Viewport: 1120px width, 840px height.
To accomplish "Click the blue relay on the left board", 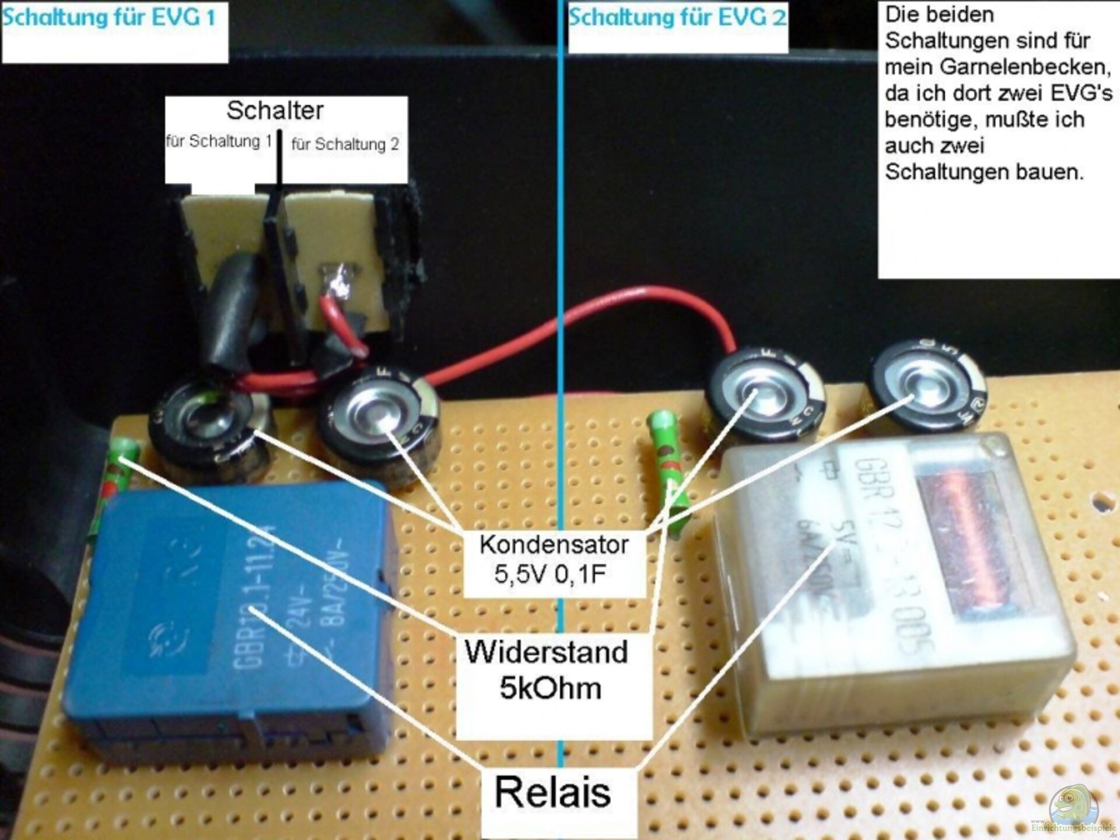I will (x=228, y=618).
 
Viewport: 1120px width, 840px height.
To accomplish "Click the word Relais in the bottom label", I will (x=552, y=792).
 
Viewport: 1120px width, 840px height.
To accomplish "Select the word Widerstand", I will (x=546, y=652).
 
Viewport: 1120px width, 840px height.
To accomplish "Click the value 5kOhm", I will (x=550, y=688).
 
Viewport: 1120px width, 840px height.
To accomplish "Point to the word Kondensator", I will (x=554, y=545).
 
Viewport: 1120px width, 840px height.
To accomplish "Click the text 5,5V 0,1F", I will (x=550, y=574).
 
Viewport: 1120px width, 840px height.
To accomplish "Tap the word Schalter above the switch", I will (x=275, y=110).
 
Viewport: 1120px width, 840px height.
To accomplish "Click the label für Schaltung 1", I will (x=219, y=141).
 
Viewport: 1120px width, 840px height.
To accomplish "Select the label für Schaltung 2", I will (x=345, y=144).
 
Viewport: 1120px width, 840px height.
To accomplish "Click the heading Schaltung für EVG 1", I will (x=109, y=17).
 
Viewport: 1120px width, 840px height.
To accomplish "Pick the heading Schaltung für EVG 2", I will (x=677, y=17).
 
